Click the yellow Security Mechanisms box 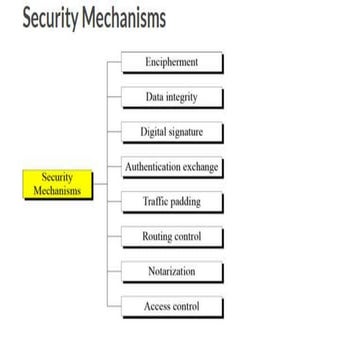click(x=57, y=184)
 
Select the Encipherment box click(x=172, y=62)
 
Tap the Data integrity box click(x=172, y=96)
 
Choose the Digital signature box click(x=172, y=131)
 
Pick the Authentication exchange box click(x=172, y=166)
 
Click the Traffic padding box click(x=172, y=201)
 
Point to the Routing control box click(x=172, y=236)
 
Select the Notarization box click(x=172, y=270)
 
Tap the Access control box click(x=172, y=305)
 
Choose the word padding click(x=185, y=201)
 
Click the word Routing click(x=158, y=236)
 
